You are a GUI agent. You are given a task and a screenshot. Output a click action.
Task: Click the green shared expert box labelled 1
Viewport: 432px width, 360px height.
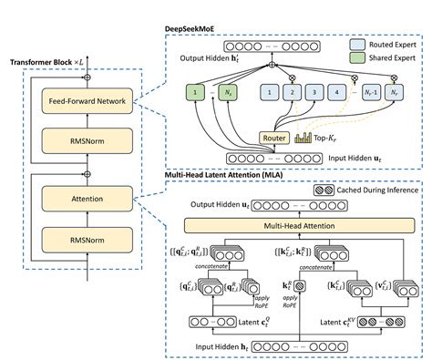194,91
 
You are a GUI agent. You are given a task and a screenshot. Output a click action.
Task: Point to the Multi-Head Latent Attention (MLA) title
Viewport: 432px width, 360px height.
224,173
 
